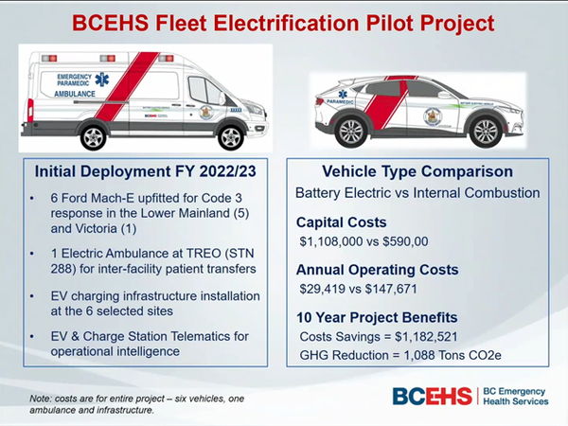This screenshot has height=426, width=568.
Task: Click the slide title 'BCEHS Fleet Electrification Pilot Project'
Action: [284, 21]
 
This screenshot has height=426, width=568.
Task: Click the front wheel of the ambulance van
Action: [226, 136]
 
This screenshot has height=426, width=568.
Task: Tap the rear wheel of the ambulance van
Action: [93, 136]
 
